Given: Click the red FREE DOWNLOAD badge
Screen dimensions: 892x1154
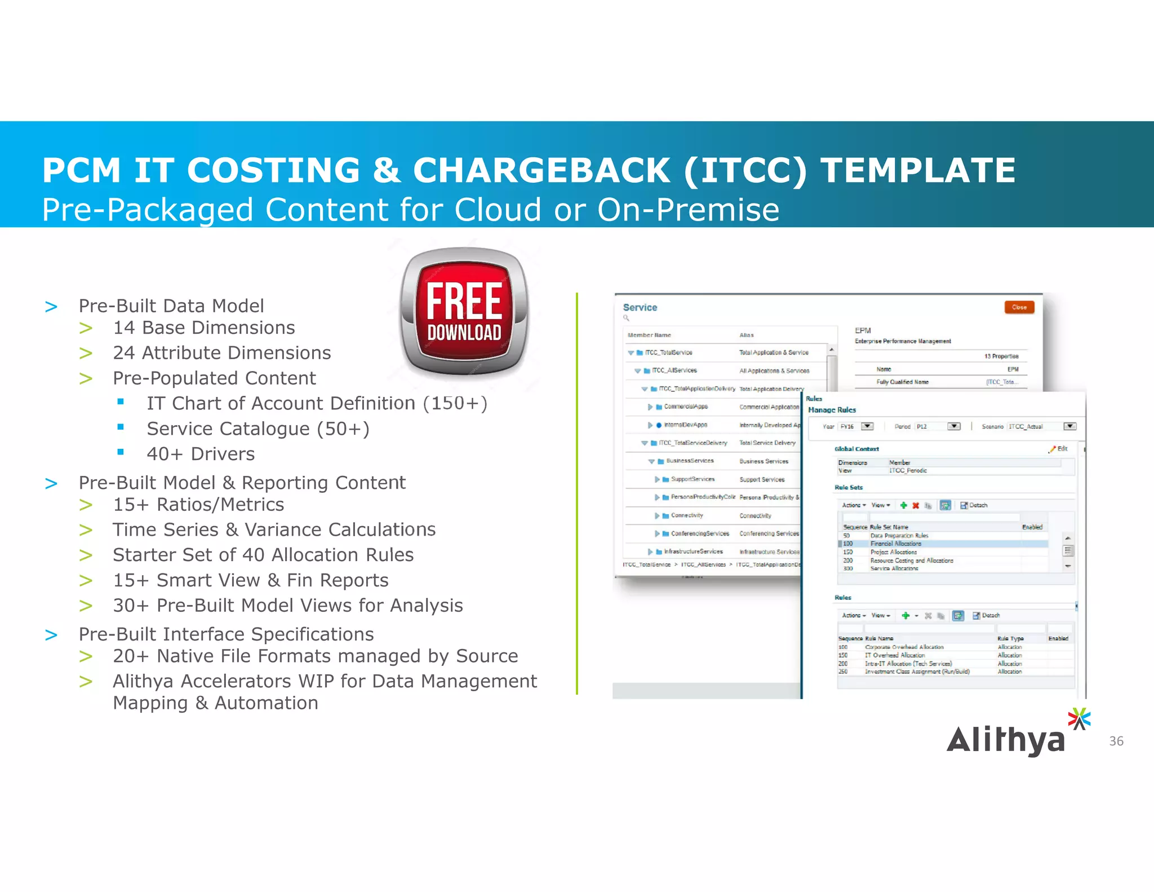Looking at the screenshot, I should point(464,312).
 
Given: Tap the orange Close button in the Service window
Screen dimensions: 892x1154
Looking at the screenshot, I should point(1019,307).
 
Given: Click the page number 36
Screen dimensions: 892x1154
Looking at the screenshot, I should point(1116,741).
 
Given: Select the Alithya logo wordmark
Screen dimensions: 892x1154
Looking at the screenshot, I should point(1006,740).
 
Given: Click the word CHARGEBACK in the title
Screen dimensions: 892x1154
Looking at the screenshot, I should point(542,170).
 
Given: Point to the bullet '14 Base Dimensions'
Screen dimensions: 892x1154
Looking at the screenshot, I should point(204,328).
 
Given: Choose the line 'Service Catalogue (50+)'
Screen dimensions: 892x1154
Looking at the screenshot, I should point(258,429).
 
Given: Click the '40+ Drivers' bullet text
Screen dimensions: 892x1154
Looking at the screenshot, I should point(201,454).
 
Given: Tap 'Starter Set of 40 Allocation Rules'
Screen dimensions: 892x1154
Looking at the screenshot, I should point(263,555).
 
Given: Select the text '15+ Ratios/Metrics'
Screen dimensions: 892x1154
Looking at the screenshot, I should point(198,505).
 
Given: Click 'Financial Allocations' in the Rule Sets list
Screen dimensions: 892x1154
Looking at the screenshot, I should point(895,544).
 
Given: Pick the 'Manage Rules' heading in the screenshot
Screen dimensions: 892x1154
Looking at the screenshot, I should point(832,410).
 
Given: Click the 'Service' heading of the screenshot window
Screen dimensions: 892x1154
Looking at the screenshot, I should point(640,307).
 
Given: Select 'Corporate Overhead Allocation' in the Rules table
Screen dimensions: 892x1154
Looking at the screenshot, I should point(904,647).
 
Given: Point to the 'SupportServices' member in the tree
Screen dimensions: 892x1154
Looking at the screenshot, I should point(693,479).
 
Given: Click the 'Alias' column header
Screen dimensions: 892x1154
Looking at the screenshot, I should point(747,335).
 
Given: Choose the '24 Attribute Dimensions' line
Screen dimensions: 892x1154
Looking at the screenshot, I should point(222,353).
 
